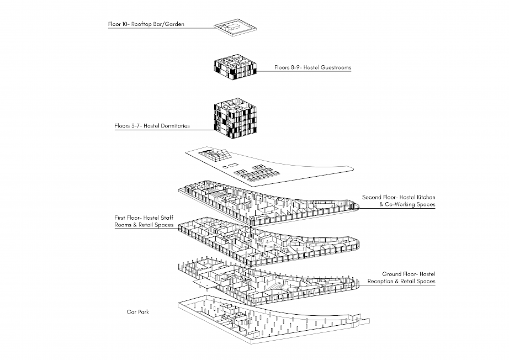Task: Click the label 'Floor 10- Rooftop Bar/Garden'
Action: [x=146, y=24]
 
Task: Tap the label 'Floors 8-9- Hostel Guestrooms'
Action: [x=312, y=67]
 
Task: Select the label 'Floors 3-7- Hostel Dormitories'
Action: [x=152, y=126]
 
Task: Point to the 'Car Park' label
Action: [x=138, y=311]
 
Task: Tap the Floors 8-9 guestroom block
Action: [x=236, y=68]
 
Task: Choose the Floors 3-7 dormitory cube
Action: [x=236, y=119]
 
